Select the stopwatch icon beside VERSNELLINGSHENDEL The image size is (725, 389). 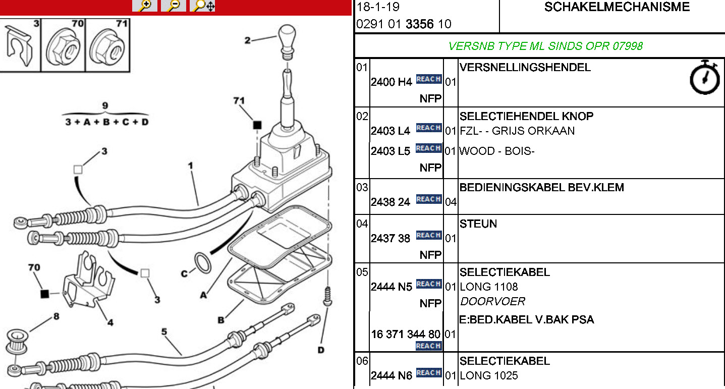click(x=704, y=78)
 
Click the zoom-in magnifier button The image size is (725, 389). click(x=144, y=6)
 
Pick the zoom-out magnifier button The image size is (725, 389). click(x=174, y=6)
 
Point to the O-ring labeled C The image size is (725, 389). click(x=203, y=263)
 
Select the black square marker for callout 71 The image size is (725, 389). click(x=257, y=125)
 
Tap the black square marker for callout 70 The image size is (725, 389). click(x=44, y=293)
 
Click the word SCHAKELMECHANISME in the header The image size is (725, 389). click(x=617, y=7)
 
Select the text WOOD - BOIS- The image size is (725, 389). click(x=496, y=151)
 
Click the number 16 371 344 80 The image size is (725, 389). click(x=406, y=334)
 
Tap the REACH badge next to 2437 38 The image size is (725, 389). click(x=428, y=235)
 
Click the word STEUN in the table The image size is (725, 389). click(x=478, y=224)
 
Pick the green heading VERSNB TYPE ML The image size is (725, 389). click(x=545, y=46)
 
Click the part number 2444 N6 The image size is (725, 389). click(x=392, y=375)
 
